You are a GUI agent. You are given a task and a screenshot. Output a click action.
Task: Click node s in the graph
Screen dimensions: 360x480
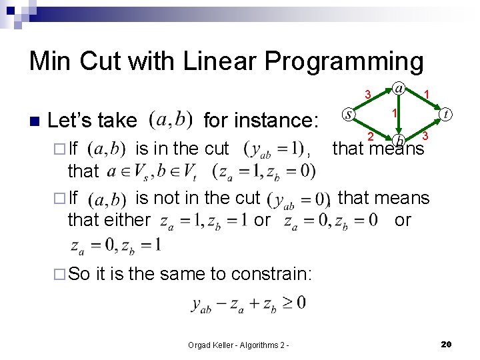(x=349, y=115)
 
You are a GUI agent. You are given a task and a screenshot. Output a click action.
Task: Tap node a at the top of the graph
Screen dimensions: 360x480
(x=398, y=88)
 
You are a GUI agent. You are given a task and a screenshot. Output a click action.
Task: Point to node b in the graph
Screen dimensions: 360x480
(x=398, y=139)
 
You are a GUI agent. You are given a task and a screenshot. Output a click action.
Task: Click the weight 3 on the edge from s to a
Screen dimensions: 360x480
(x=367, y=94)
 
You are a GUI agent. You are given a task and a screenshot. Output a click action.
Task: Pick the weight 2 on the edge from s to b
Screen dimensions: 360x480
(x=371, y=137)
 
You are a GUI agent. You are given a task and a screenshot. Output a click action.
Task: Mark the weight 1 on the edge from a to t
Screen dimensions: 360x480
(x=427, y=94)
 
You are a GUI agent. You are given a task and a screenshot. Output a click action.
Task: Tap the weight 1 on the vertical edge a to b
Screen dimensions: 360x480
(x=395, y=113)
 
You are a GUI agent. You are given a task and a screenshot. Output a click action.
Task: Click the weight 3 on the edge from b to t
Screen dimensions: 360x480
(x=425, y=136)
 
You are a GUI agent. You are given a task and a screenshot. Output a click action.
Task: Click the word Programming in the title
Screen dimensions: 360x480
(x=344, y=61)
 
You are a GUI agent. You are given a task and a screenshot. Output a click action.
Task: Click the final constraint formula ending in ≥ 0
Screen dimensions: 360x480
(x=249, y=303)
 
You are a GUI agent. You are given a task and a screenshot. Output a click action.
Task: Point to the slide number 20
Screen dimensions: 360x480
(x=447, y=344)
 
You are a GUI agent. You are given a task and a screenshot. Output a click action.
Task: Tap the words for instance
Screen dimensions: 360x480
(x=261, y=121)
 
